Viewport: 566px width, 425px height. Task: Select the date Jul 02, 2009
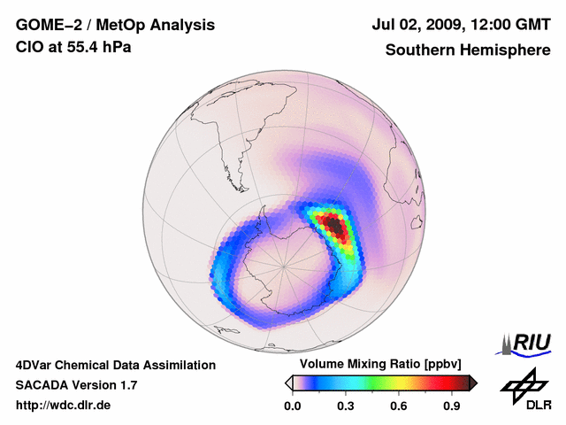click(414, 25)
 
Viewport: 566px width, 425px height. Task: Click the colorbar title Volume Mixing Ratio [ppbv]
click(377, 364)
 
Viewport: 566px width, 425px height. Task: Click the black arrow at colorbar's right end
click(473, 382)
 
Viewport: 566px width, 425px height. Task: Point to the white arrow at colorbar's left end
click(288, 382)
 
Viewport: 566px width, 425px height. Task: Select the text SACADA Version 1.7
click(76, 385)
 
